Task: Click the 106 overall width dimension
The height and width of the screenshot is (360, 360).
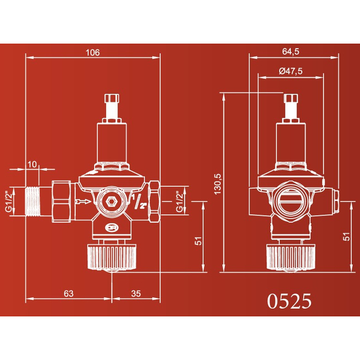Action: click(92, 52)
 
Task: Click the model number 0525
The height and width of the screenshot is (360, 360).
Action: click(289, 301)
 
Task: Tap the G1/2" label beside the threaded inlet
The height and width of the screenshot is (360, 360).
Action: click(8, 201)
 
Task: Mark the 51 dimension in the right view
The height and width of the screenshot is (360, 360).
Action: click(347, 237)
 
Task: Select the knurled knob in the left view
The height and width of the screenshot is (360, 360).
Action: click(111, 256)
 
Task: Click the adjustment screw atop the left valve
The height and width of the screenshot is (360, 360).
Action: click(111, 105)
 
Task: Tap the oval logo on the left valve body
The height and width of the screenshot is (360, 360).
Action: click(111, 229)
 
